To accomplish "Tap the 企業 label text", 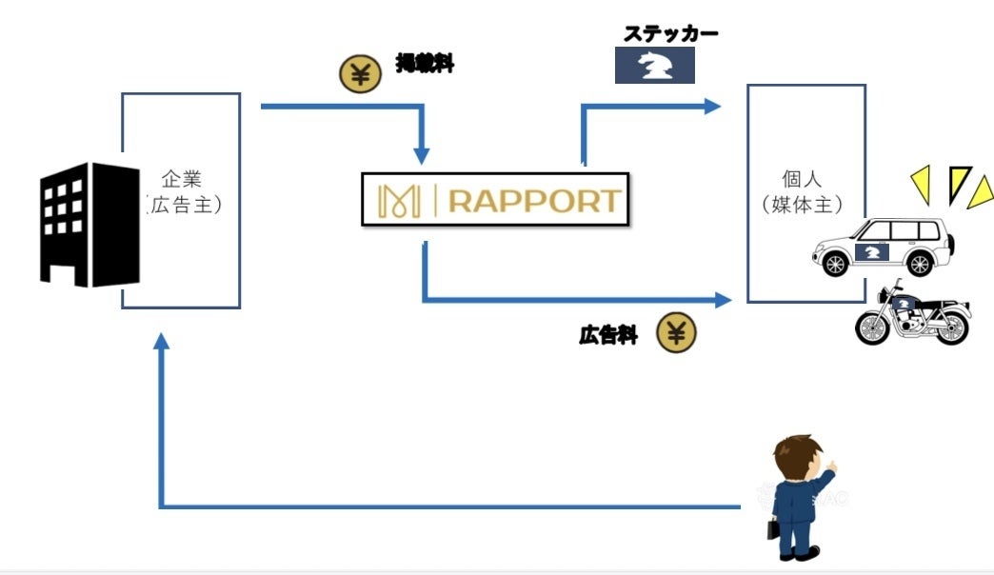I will pyautogui.click(x=181, y=178).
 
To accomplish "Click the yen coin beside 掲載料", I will pyautogui.click(x=359, y=74).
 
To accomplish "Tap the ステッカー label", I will pyautogui.click(x=669, y=34).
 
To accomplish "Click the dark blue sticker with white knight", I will pyautogui.click(x=654, y=67).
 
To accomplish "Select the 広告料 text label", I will pyautogui.click(x=607, y=335).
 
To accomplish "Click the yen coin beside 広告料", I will pyautogui.click(x=676, y=333).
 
